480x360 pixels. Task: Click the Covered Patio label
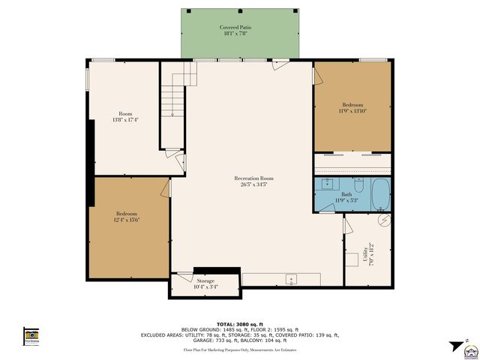240,30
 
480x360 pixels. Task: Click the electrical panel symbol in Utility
384,221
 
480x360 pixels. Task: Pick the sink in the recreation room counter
292,279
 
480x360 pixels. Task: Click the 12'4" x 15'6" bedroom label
126,216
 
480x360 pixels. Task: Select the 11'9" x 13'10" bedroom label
352,107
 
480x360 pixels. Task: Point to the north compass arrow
454,347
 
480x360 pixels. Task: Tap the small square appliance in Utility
351,260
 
